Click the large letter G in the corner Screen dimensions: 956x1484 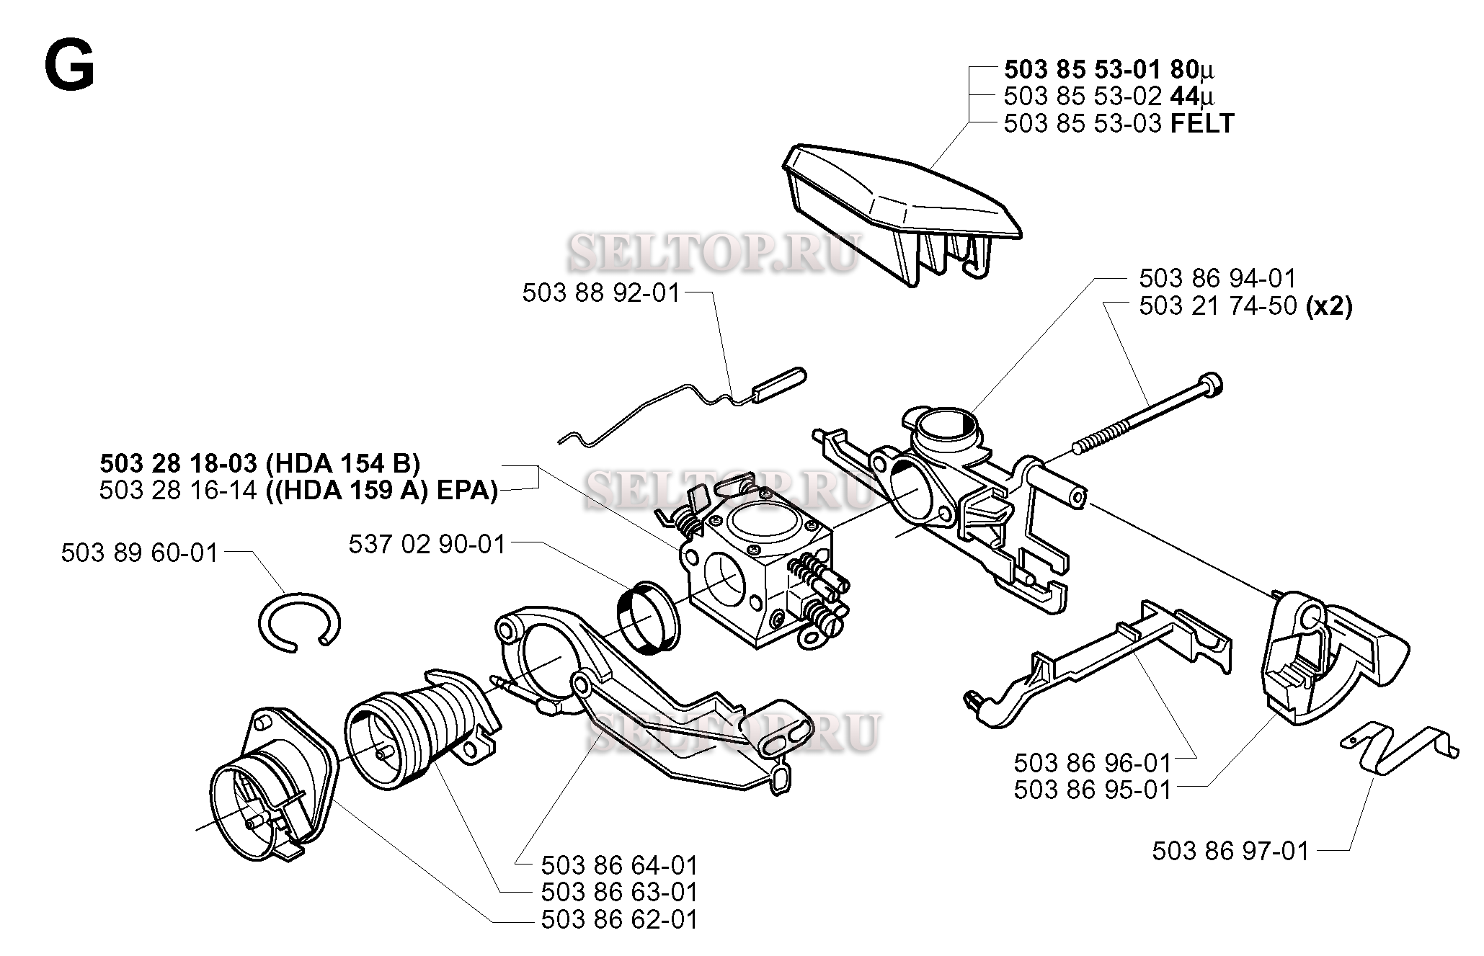(x=69, y=65)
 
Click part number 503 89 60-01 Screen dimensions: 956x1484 (x=139, y=553)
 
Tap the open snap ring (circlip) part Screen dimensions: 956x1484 (x=298, y=622)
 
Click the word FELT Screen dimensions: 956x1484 (x=1201, y=124)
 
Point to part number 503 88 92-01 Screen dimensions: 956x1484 (x=601, y=293)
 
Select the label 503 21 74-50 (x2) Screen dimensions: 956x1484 (x=1245, y=306)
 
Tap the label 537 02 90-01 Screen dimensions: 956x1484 (x=427, y=544)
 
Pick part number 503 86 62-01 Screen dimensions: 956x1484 (x=620, y=920)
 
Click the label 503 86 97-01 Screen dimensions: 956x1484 (x=1230, y=852)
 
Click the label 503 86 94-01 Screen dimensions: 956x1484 (x=1217, y=278)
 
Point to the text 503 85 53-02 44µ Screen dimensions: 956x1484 (x=1108, y=97)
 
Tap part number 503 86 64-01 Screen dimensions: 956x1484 (x=620, y=865)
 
